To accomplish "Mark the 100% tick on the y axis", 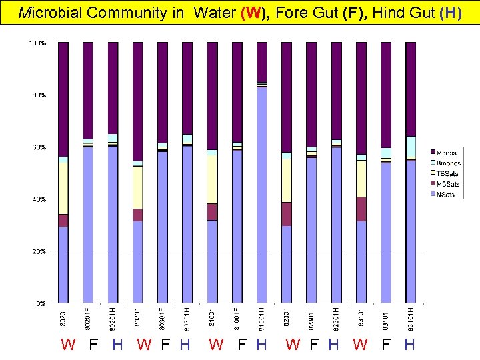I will tap(37, 43).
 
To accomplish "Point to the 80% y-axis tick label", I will tap(39, 95).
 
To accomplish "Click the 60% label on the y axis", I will tap(39, 147).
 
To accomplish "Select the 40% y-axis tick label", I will tap(39, 199).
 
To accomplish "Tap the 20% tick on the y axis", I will tap(39, 251).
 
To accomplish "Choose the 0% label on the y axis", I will tap(41, 303).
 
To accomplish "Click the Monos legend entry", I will tap(447, 153).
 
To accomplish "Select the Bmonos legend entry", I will tap(449, 163).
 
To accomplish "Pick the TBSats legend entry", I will tap(449, 174).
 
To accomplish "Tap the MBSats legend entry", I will tap(449, 184).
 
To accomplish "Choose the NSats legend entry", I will tap(447, 194).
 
